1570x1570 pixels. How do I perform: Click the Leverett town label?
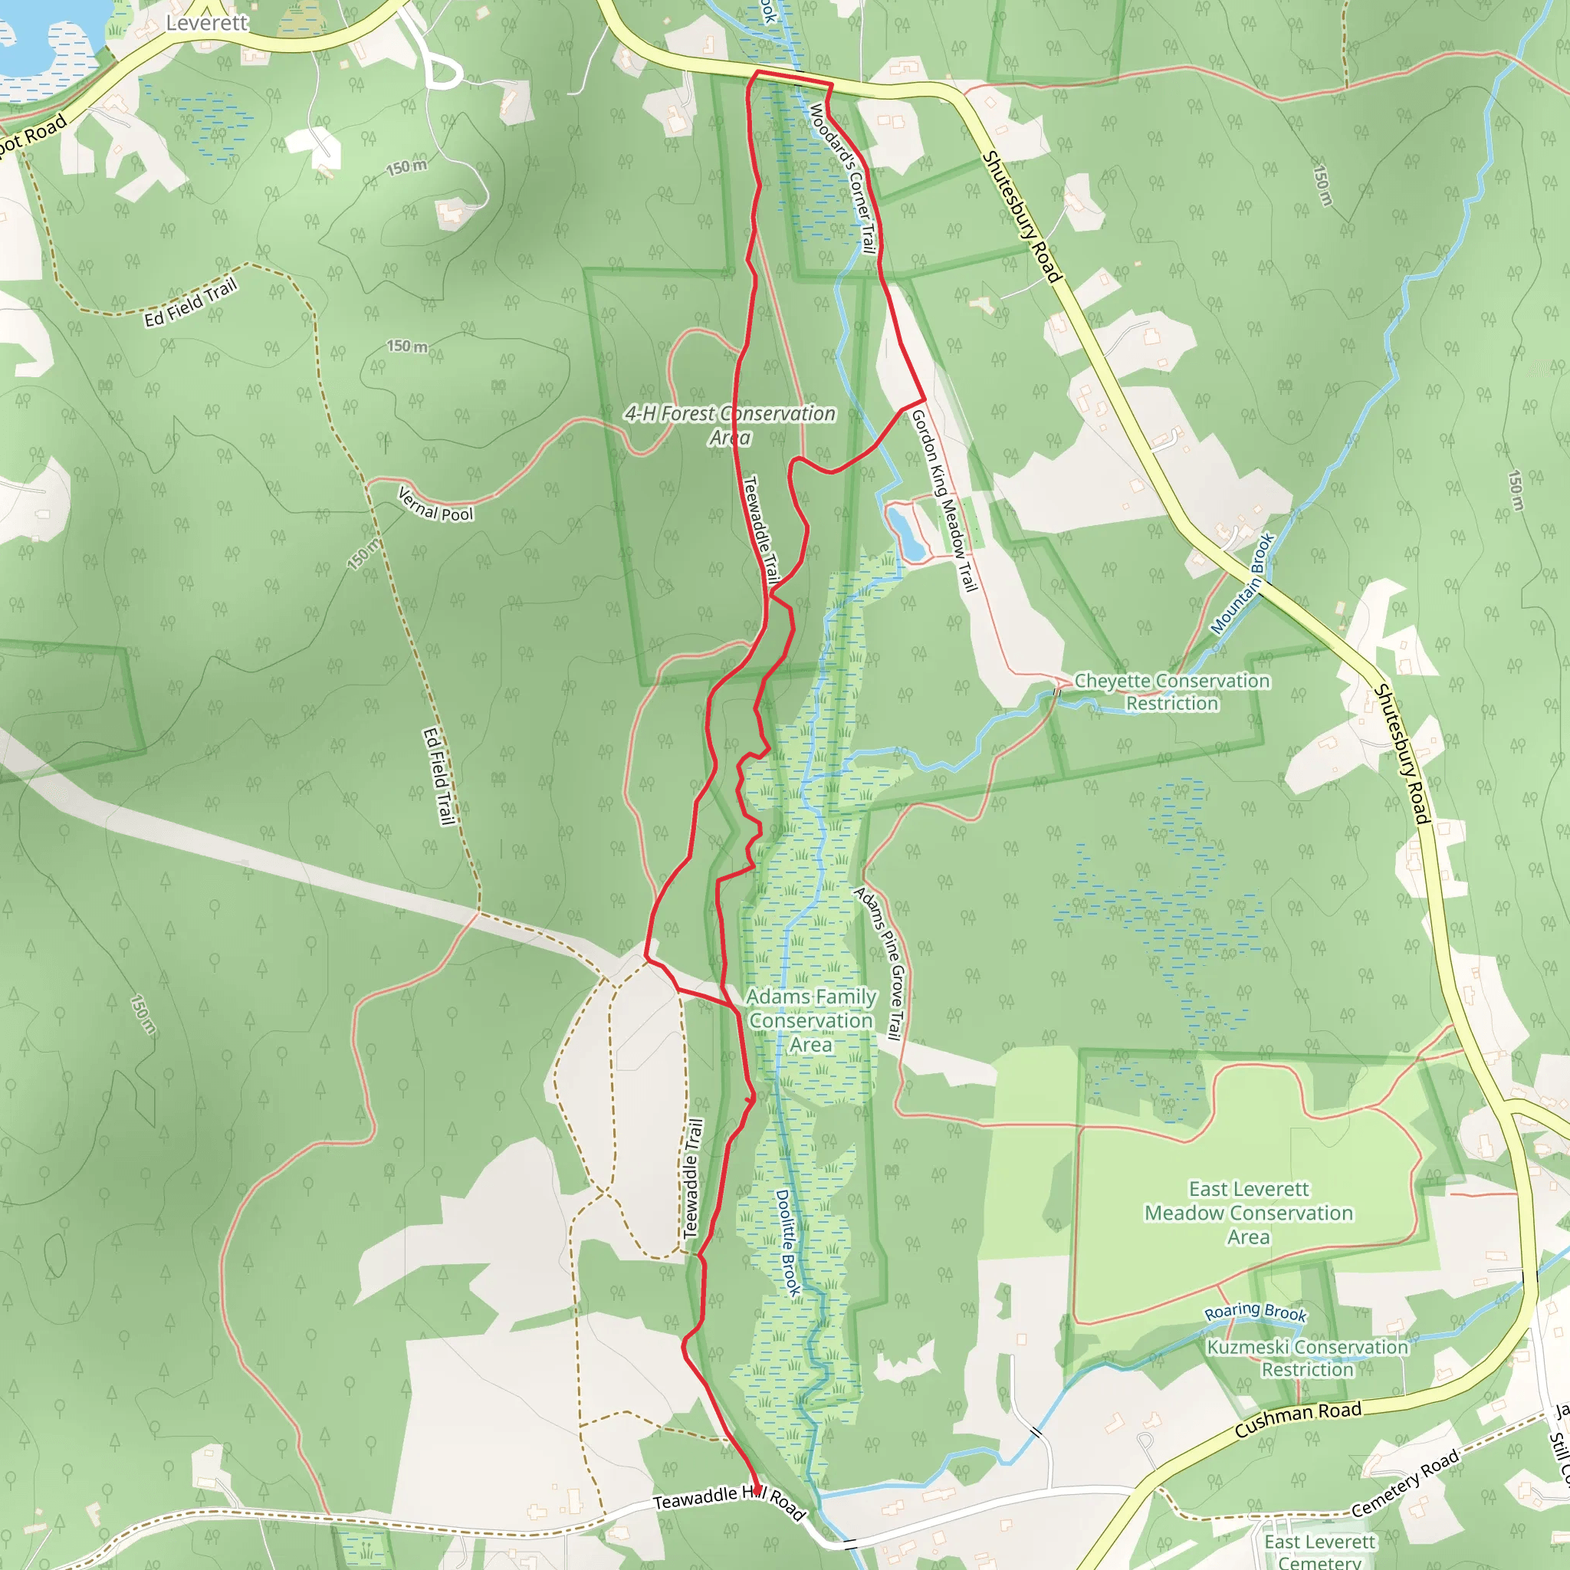click(x=206, y=23)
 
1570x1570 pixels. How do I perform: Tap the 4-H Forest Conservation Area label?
click(x=730, y=425)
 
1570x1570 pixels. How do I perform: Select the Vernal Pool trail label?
click(x=435, y=504)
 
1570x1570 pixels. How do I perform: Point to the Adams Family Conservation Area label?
click(x=811, y=1020)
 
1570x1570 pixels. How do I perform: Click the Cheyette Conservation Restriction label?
click(x=1172, y=691)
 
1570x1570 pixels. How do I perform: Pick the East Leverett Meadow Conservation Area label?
click(x=1249, y=1214)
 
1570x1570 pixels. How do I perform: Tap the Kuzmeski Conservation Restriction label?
click(x=1307, y=1358)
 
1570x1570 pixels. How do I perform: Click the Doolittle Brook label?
click(x=787, y=1243)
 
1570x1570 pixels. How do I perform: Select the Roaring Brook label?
click(x=1255, y=1312)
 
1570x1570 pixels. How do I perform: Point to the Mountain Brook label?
click(x=1243, y=583)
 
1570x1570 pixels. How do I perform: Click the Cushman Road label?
click(x=1298, y=1420)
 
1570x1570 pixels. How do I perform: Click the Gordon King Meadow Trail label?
click(x=944, y=500)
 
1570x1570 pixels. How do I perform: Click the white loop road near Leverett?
click(x=444, y=73)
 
